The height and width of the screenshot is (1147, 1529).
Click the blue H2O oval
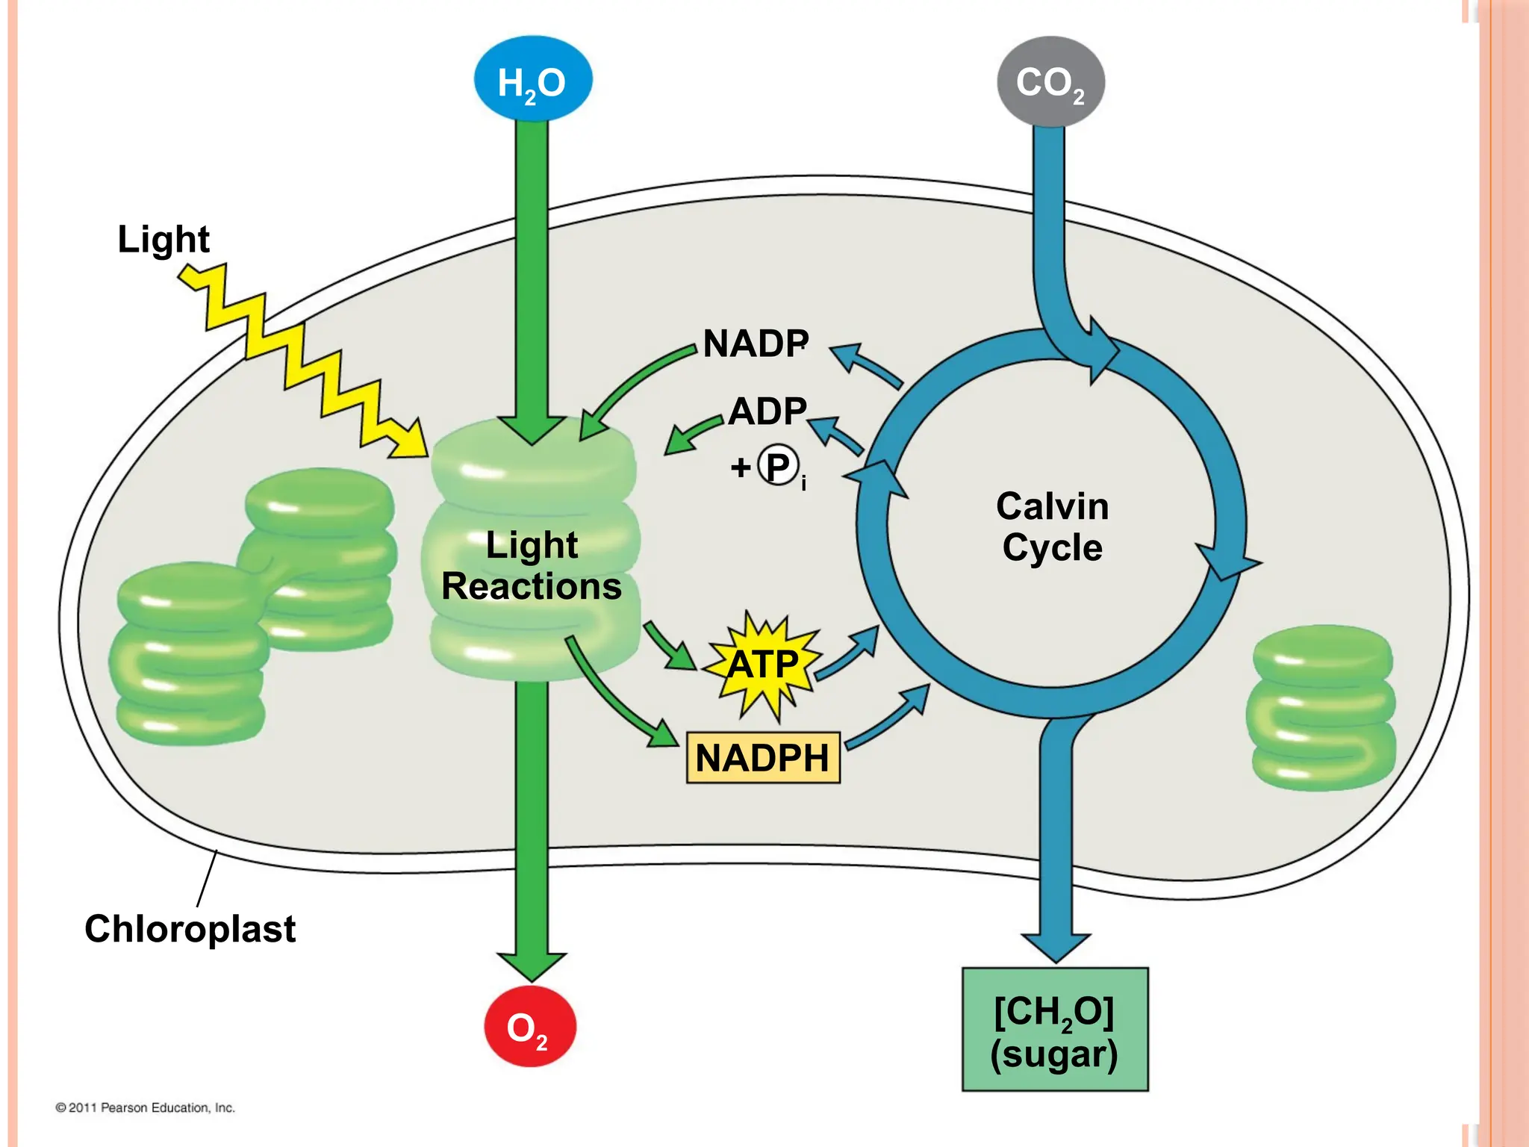coord(532,80)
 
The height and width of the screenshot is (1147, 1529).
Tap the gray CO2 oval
coord(1050,81)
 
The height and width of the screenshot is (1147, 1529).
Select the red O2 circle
coord(529,1027)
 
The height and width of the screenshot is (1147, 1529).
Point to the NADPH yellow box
coord(762,758)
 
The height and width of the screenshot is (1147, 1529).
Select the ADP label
coord(767,411)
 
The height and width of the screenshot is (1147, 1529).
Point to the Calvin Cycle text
coord(1052,526)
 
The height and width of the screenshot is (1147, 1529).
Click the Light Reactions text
coord(532,565)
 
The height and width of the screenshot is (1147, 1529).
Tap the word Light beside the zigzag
coord(164,239)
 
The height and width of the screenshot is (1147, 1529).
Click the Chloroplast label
coord(190,929)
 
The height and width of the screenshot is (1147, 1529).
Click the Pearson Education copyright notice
coord(145,1107)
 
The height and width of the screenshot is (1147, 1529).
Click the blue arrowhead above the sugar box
coord(1055,946)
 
